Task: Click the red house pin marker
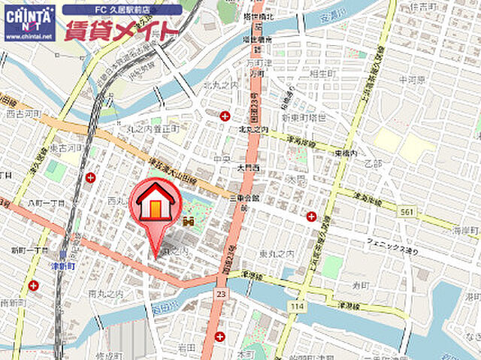156,204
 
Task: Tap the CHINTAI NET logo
29,22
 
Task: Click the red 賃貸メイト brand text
122,31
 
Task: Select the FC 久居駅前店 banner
122,10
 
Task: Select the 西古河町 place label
21,114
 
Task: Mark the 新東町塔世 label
304,118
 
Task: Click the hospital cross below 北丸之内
224,115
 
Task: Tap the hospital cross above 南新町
33,286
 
